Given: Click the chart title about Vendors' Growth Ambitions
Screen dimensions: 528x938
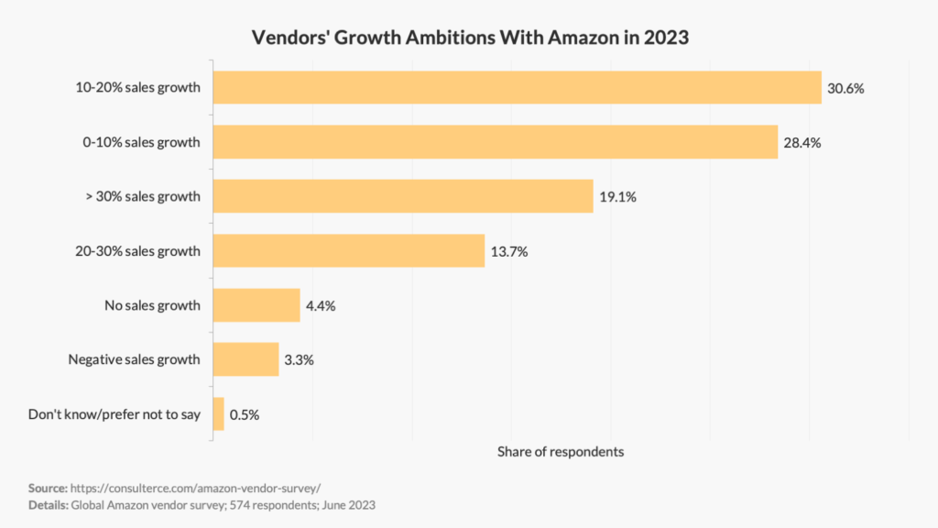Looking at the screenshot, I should tap(469, 39).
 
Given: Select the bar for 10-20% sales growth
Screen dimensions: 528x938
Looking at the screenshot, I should tap(517, 88).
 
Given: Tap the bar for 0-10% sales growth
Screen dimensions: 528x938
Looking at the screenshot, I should tap(495, 142).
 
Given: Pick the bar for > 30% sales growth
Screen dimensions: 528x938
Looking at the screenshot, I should tap(403, 196).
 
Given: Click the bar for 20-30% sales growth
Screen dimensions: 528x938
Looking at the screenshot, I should tap(348, 250).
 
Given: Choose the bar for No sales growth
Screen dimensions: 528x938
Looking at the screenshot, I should tap(256, 305).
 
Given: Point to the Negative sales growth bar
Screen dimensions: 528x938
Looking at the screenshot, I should tap(245, 359).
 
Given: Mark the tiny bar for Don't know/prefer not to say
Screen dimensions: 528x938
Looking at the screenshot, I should tap(218, 413).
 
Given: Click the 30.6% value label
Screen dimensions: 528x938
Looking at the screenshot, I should tap(846, 89).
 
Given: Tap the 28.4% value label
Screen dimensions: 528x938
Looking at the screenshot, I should tap(802, 143).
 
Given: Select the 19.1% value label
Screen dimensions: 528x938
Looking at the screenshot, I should tap(618, 197).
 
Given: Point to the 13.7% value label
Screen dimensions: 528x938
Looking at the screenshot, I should tap(509, 251).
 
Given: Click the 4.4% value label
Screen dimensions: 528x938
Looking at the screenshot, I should tap(322, 306).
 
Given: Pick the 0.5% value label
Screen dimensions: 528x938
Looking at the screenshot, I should tap(245, 414).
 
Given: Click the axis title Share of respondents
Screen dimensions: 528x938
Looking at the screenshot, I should tap(560, 452).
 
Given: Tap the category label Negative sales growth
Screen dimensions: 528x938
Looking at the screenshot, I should tap(134, 359).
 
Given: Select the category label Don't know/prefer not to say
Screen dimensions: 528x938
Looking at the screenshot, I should tap(115, 414).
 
